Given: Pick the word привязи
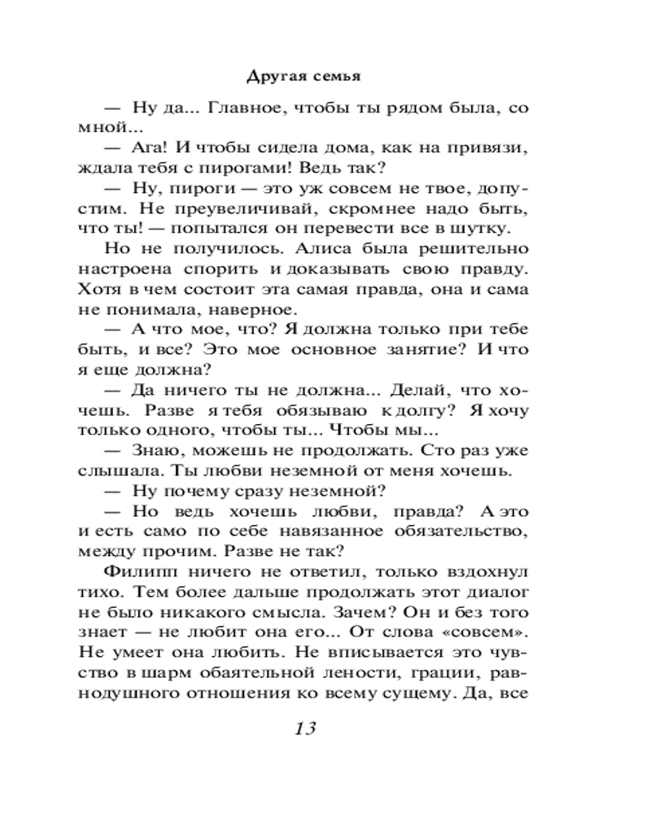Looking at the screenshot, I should pos(500,148).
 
